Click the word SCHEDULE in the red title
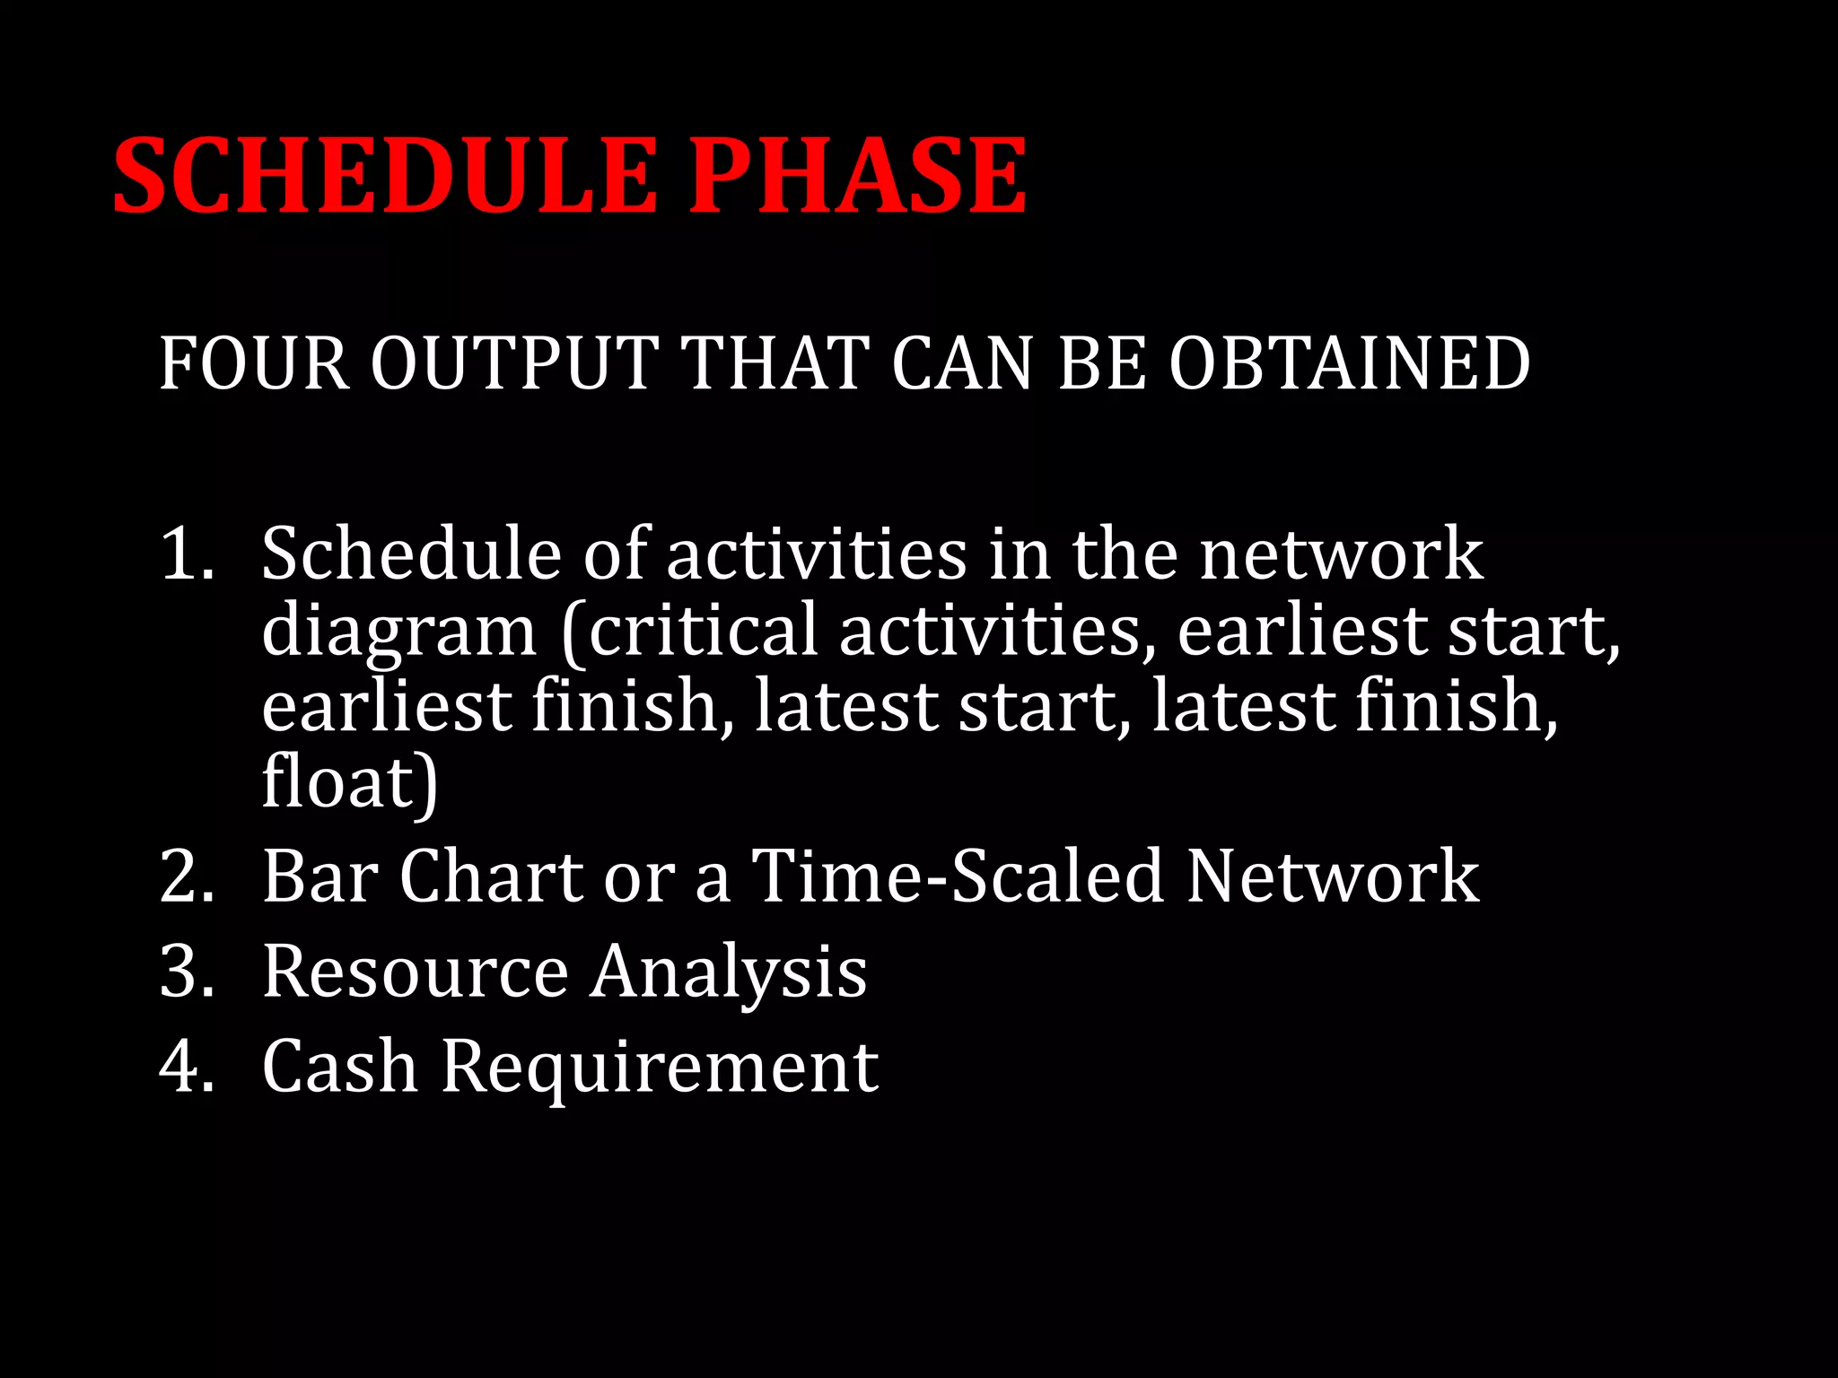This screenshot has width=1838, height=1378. [383, 175]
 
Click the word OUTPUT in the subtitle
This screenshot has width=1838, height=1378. [514, 363]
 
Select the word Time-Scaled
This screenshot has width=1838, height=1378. [957, 877]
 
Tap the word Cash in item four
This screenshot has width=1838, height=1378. [340, 1067]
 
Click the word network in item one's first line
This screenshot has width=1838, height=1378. [1341, 554]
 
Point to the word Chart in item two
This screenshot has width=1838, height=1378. [492, 877]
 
